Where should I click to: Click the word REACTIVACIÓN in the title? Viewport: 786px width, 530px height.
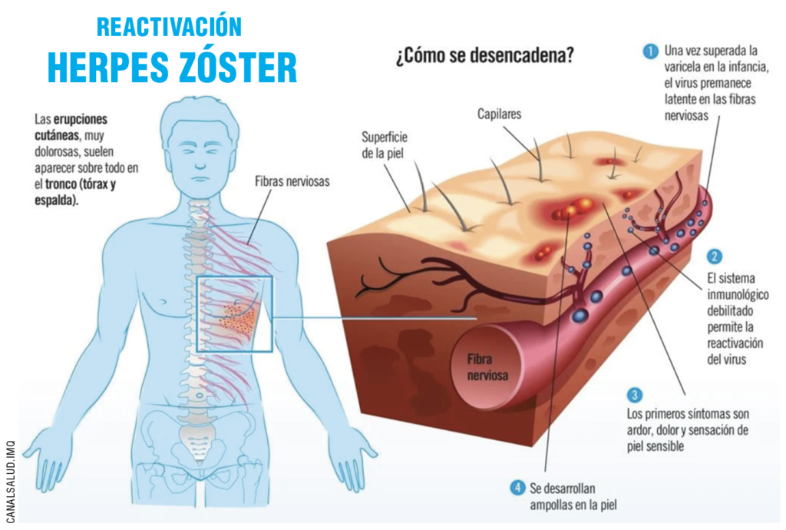[x=169, y=27]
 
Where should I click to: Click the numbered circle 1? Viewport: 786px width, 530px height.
[x=650, y=52]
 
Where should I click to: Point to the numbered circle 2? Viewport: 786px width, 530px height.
[x=714, y=257]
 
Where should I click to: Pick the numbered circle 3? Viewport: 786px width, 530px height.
[x=634, y=396]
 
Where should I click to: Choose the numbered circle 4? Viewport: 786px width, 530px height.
[x=518, y=487]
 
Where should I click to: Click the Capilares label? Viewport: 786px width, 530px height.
[x=499, y=114]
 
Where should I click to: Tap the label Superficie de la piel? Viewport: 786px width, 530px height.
[x=384, y=144]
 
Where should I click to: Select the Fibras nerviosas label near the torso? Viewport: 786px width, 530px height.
[x=292, y=182]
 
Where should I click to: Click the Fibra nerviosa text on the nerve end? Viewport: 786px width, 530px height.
[x=487, y=366]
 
